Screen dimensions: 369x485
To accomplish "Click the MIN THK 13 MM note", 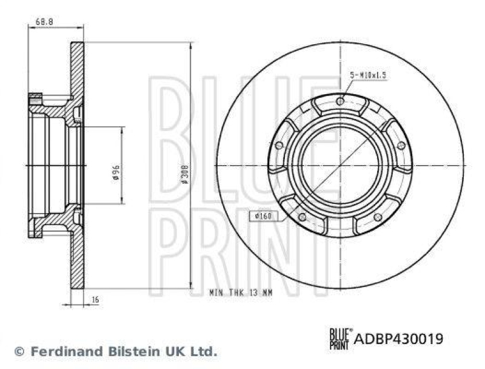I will point(241,292).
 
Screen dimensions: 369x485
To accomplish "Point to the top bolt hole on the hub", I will point(340,101).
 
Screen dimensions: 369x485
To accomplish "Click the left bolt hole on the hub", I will point(279,145).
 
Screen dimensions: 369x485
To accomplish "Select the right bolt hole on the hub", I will point(401,145).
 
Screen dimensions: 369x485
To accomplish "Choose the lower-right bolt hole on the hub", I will point(377,217).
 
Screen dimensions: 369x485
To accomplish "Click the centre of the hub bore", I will point(340,165).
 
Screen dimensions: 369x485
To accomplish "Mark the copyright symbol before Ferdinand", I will point(18,351).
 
